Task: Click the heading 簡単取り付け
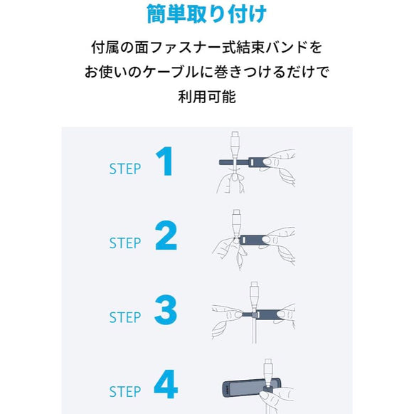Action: [206, 15]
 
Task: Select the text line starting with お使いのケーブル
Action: [206, 72]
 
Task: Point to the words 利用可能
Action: [206, 96]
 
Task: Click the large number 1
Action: [165, 162]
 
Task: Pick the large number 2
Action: [165, 236]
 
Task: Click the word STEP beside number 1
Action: [125, 169]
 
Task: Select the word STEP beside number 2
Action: [125, 243]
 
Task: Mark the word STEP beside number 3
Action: [125, 317]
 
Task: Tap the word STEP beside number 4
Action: [125, 391]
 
